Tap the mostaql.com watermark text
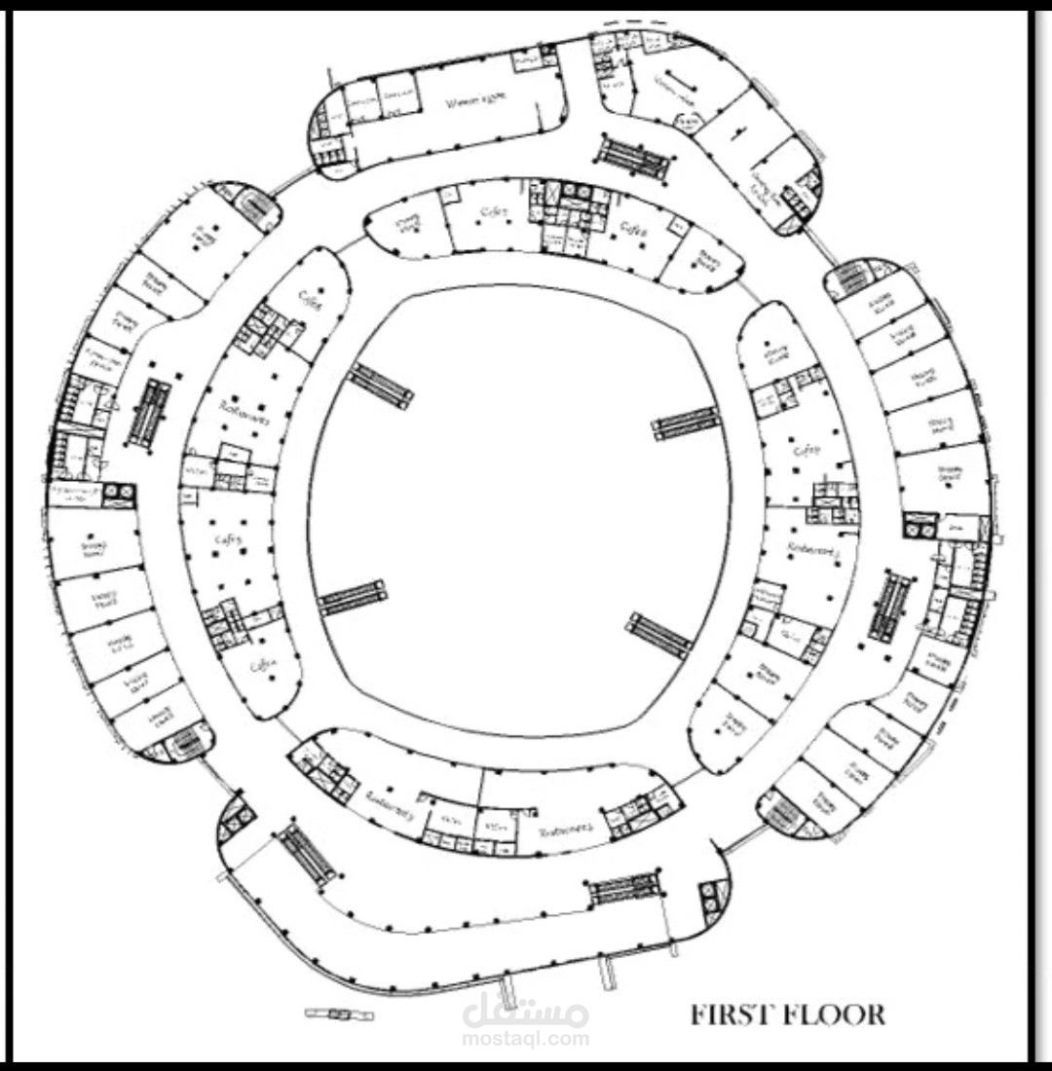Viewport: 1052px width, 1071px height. [526, 1039]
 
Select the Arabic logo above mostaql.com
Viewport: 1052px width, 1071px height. [526, 1013]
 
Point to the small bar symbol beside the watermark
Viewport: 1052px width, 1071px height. [339, 1015]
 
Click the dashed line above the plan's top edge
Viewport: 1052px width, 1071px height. [634, 19]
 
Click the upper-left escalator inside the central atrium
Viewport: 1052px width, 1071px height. [381, 386]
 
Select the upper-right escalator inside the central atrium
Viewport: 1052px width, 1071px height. [686, 424]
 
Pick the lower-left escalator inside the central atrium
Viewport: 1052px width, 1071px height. [351, 598]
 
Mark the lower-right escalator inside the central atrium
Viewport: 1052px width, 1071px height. [659, 635]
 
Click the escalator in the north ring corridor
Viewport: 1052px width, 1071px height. [634, 158]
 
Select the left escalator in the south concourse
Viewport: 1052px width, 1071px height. [308, 855]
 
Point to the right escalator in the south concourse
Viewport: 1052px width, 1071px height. [624, 887]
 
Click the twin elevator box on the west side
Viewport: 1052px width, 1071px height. [119, 495]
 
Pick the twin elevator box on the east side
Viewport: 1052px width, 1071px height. [919, 527]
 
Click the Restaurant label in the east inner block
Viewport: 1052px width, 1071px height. [810, 553]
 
